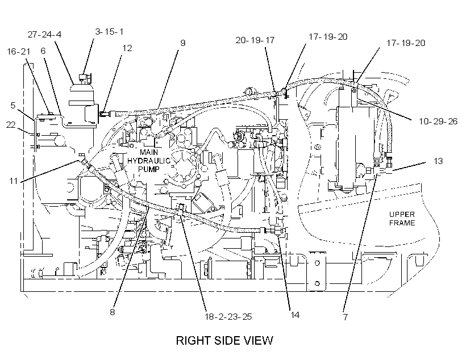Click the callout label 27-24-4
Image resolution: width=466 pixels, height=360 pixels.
pyautogui.click(x=44, y=35)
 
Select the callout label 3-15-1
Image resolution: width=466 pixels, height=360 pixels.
pyautogui.click(x=109, y=31)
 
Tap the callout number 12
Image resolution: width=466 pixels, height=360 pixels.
pyautogui.click(x=127, y=48)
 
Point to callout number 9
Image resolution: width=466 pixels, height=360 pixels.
pyautogui.click(x=183, y=43)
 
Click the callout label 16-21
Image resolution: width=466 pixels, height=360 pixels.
pyautogui.click(x=18, y=52)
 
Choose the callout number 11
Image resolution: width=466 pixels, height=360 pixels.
pyautogui.click(x=14, y=181)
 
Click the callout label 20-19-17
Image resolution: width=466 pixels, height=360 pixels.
pyautogui.click(x=255, y=40)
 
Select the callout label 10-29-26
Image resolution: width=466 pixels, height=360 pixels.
pyautogui.click(x=438, y=121)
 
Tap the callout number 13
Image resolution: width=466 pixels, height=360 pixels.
pyautogui.click(x=438, y=161)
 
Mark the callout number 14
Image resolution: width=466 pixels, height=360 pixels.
pyautogui.click(x=294, y=315)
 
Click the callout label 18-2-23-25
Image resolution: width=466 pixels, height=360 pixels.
pyautogui.click(x=228, y=317)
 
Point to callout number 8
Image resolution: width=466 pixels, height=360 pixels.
pyautogui.click(x=113, y=312)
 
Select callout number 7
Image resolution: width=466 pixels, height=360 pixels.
pyautogui.click(x=346, y=317)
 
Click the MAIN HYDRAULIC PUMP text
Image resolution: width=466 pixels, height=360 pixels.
pyautogui.click(x=148, y=161)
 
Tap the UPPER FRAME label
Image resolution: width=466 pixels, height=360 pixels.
pyautogui.click(x=402, y=219)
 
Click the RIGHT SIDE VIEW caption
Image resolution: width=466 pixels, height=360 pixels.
pyautogui.click(x=224, y=340)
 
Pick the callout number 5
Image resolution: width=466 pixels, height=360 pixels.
pyautogui.click(x=13, y=106)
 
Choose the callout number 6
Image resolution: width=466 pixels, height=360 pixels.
pyautogui.click(x=43, y=51)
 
